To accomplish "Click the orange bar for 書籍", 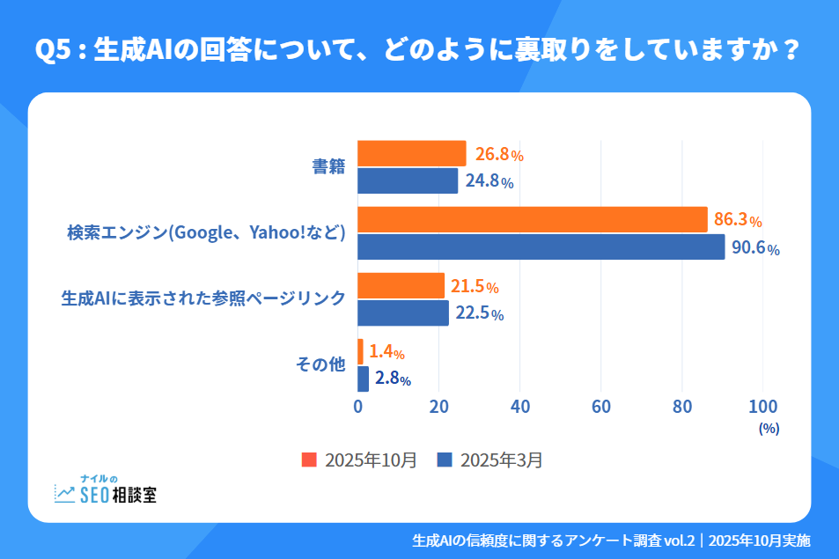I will click(x=411, y=153).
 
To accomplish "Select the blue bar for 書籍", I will click(x=408, y=181).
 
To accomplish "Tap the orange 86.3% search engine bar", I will click(x=532, y=219).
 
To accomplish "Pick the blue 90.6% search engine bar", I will click(x=541, y=247).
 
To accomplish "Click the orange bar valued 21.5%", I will click(x=401, y=285).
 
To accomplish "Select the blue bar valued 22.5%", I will click(x=403, y=313).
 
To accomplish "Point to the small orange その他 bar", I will click(x=360, y=351).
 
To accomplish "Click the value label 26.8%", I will click(x=499, y=155).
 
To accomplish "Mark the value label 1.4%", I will click(x=386, y=352).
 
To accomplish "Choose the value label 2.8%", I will click(x=393, y=379).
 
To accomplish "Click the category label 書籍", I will click(x=328, y=167).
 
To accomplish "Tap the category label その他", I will click(x=320, y=365).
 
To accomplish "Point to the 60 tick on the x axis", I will click(x=601, y=407).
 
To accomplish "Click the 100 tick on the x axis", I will click(x=762, y=407).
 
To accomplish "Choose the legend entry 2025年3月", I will click(x=490, y=460).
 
